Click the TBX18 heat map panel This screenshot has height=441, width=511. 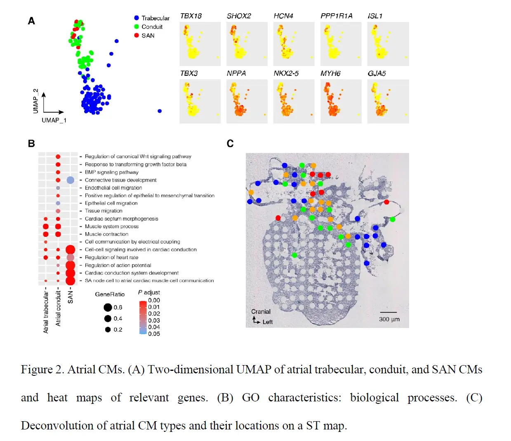point(200,44)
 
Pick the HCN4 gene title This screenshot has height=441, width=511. point(283,16)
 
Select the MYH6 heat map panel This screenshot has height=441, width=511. point(341,101)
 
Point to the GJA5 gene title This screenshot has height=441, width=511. point(377,73)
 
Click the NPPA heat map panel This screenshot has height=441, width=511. point(247,101)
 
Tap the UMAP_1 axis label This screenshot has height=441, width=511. point(54,120)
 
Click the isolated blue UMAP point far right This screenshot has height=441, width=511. point(160,111)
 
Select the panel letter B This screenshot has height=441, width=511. point(31,144)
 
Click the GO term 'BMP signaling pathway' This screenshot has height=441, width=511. point(111,172)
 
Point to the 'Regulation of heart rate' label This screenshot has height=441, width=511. point(111,257)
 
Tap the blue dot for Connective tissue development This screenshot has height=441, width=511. point(71,180)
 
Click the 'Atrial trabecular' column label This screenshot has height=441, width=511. point(46,312)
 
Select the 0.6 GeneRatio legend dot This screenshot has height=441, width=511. point(108,307)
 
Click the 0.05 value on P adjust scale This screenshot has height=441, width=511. point(154,334)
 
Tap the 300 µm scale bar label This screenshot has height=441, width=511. point(389,319)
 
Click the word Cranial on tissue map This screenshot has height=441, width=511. point(261,311)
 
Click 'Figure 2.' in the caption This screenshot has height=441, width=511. point(42,369)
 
